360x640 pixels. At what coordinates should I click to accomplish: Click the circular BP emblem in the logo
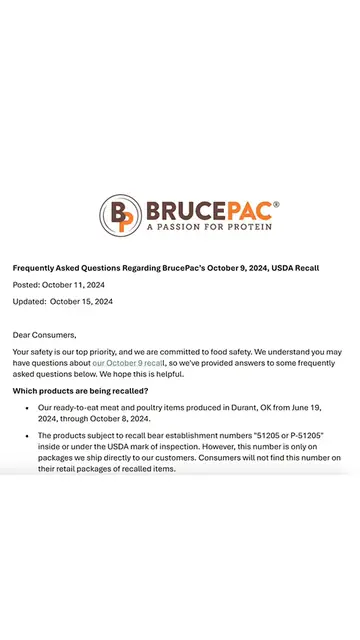click(x=120, y=215)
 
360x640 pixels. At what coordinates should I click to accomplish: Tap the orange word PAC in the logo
click(x=247, y=210)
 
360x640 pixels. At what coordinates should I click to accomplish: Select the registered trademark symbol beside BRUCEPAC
click(x=276, y=203)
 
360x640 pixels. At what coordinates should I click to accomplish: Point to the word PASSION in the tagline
click(x=181, y=227)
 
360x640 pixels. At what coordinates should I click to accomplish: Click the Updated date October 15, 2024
click(x=81, y=301)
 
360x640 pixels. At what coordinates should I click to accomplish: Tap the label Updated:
click(x=29, y=301)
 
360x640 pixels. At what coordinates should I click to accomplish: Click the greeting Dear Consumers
click(x=44, y=335)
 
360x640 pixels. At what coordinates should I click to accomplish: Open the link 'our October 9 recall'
click(x=128, y=364)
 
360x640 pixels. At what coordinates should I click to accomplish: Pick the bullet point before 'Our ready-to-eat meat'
click(x=25, y=408)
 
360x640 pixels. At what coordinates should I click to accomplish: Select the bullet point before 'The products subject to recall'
click(x=25, y=436)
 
